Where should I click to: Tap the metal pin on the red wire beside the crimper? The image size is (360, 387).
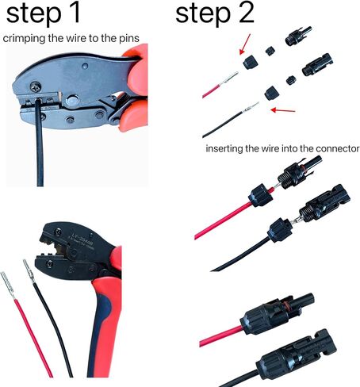click(x=9, y=282)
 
